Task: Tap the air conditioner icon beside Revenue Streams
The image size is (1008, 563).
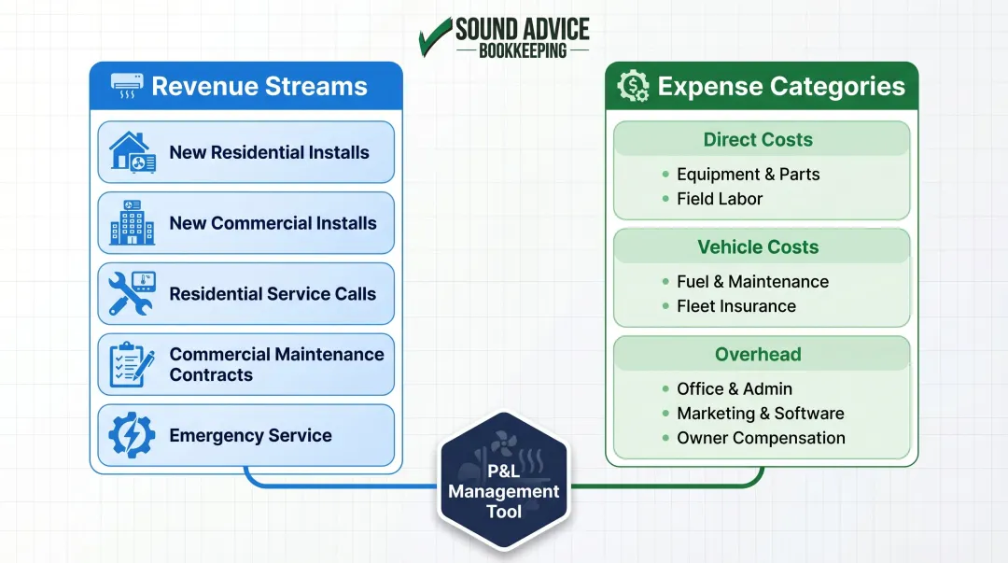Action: [127, 87]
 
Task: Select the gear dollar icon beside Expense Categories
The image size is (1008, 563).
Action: [634, 87]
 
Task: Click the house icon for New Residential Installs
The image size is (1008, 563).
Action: [132, 152]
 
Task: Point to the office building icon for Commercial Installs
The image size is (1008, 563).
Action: [132, 223]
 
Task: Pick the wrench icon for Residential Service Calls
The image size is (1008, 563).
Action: [132, 293]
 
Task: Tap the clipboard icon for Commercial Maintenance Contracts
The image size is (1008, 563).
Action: [132, 364]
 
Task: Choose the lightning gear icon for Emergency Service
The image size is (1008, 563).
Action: [132, 435]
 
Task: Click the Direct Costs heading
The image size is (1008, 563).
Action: [758, 140]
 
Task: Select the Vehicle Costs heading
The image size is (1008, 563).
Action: [758, 247]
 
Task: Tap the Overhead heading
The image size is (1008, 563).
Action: [758, 355]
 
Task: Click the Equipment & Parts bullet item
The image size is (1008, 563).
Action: [748, 175]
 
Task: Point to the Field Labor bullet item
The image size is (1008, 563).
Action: [720, 199]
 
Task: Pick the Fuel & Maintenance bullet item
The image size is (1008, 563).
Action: [752, 282]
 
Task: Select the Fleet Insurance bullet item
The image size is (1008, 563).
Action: [736, 306]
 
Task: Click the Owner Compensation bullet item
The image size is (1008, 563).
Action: [761, 438]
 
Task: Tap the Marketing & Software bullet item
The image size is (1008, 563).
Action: [760, 414]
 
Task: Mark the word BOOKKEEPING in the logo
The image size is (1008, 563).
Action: [522, 50]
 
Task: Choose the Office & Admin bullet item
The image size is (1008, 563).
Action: [735, 389]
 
